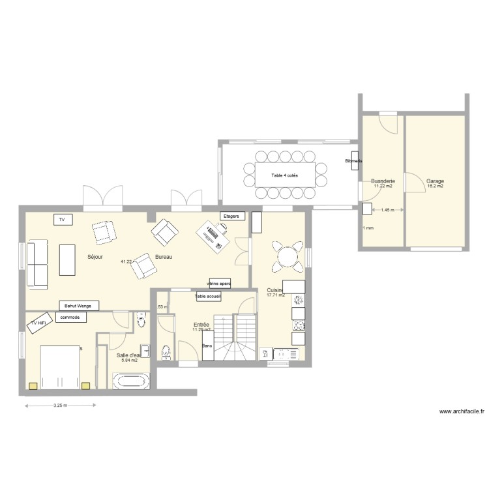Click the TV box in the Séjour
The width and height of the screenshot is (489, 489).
click(63, 220)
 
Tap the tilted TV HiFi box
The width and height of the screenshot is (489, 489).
click(38, 323)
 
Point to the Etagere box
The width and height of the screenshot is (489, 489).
click(231, 216)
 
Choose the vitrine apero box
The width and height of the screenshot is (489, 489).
click(219, 284)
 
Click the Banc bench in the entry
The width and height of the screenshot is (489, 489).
click(207, 346)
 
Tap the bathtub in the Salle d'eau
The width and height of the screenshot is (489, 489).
click(131, 381)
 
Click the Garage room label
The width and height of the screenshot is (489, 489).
click(435, 181)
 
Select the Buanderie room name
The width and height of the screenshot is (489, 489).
click(382, 181)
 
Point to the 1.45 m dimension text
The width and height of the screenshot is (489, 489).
click(387, 211)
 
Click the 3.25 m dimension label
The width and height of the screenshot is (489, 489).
click(61, 406)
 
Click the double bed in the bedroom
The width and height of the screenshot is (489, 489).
click(60, 368)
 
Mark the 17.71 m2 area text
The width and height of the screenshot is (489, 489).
click(276, 295)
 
